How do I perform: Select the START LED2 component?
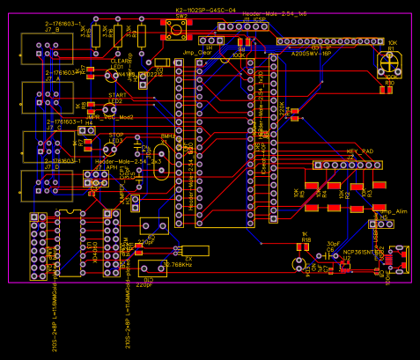[116, 112]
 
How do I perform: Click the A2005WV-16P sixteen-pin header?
[330, 41]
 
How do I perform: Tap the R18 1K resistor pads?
[302, 248]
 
